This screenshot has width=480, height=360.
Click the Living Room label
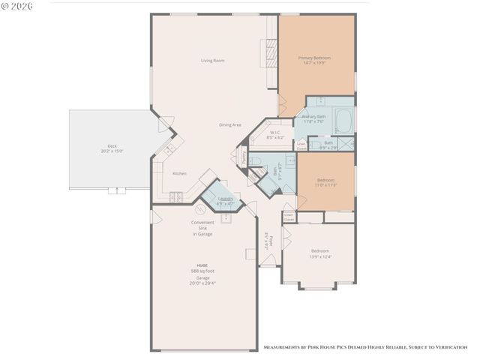point(213,60)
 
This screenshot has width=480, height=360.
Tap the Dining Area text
point(230,124)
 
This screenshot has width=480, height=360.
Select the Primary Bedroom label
point(314,58)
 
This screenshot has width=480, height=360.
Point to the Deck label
point(112,146)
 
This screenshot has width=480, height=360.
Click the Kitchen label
point(179,173)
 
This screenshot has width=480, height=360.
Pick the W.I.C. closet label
point(275,133)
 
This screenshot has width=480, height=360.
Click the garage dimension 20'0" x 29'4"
point(202,283)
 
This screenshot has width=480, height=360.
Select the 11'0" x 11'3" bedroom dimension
point(325,185)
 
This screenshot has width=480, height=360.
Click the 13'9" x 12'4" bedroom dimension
point(320,256)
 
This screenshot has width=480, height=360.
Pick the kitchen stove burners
point(176,197)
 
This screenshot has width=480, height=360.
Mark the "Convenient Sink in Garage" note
point(202,228)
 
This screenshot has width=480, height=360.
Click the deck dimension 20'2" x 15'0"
point(112,151)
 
